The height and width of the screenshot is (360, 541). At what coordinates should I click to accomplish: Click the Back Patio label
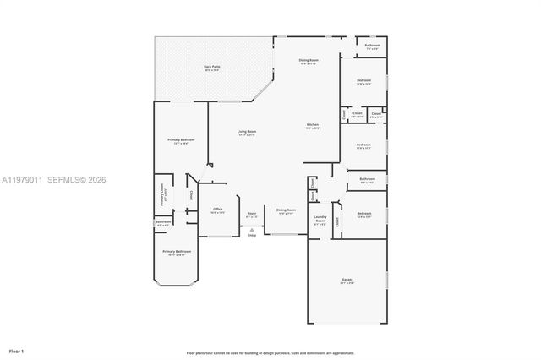tap(211, 68)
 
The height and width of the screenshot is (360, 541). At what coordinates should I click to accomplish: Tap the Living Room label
tap(247, 133)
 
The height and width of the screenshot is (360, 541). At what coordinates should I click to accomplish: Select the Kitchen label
tap(312, 126)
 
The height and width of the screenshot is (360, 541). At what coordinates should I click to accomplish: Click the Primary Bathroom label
tap(177, 252)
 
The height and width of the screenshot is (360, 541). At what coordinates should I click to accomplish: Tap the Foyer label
tap(252, 215)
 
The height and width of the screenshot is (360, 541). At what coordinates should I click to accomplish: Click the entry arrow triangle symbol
tap(252, 229)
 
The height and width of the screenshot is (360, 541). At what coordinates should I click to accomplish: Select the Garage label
tap(347, 280)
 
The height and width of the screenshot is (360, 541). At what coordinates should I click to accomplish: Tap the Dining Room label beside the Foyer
tap(287, 210)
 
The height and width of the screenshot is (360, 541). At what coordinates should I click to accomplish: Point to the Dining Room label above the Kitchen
tap(309, 61)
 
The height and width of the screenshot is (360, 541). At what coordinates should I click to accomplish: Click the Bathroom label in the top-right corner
tap(372, 46)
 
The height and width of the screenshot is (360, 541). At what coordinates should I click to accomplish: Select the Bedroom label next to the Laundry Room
tap(363, 215)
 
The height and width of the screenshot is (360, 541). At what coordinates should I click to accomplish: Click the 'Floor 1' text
tap(16, 350)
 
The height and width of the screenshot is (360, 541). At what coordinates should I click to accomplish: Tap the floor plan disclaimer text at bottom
tap(270, 352)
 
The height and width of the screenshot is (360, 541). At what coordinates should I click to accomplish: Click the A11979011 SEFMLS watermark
tap(54, 179)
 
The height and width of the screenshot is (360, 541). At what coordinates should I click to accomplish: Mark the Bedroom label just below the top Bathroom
tap(363, 82)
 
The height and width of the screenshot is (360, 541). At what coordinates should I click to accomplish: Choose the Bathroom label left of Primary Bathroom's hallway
tap(162, 224)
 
